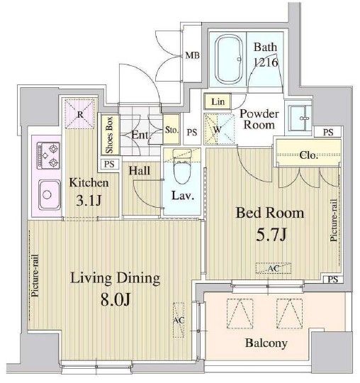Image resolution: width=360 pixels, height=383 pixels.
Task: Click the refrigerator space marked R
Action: (x=81, y=113)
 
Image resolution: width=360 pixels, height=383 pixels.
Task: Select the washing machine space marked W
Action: (x=217, y=129)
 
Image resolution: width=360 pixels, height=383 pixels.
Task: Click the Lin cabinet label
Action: (x=217, y=102)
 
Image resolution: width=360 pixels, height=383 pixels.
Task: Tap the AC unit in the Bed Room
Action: (x=274, y=268)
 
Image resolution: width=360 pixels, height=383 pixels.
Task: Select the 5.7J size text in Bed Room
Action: (x=267, y=232)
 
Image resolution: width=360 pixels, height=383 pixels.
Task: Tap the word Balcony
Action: (x=266, y=344)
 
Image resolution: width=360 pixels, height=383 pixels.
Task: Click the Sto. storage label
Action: (x=171, y=131)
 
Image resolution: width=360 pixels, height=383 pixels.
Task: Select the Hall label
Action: (x=138, y=170)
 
